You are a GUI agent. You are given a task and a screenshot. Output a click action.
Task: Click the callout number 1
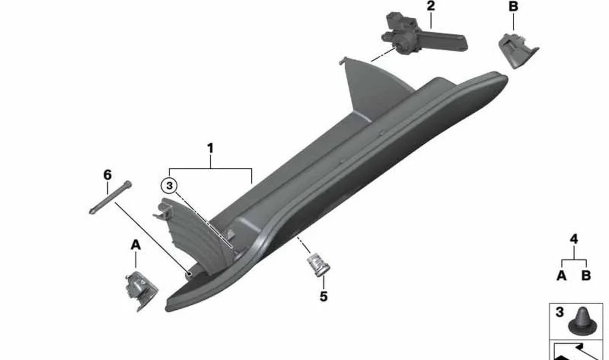pos(210,148)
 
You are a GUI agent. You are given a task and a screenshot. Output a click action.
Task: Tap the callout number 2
pos(430,6)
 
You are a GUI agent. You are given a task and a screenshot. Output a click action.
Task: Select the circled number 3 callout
pos(169,186)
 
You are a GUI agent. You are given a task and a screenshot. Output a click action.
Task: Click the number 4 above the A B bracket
pos(574,239)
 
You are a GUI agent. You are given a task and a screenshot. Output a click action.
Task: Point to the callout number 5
pos(324,296)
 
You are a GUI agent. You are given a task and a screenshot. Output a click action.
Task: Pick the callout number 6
pos(107,175)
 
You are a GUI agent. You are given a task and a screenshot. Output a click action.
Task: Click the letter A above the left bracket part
pos(136,245)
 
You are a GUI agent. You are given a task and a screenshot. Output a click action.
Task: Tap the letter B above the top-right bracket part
pos(513,6)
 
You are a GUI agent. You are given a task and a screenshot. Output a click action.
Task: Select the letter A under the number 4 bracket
pos(561,276)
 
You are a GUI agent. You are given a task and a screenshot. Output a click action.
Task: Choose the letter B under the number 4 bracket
pos(586,276)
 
